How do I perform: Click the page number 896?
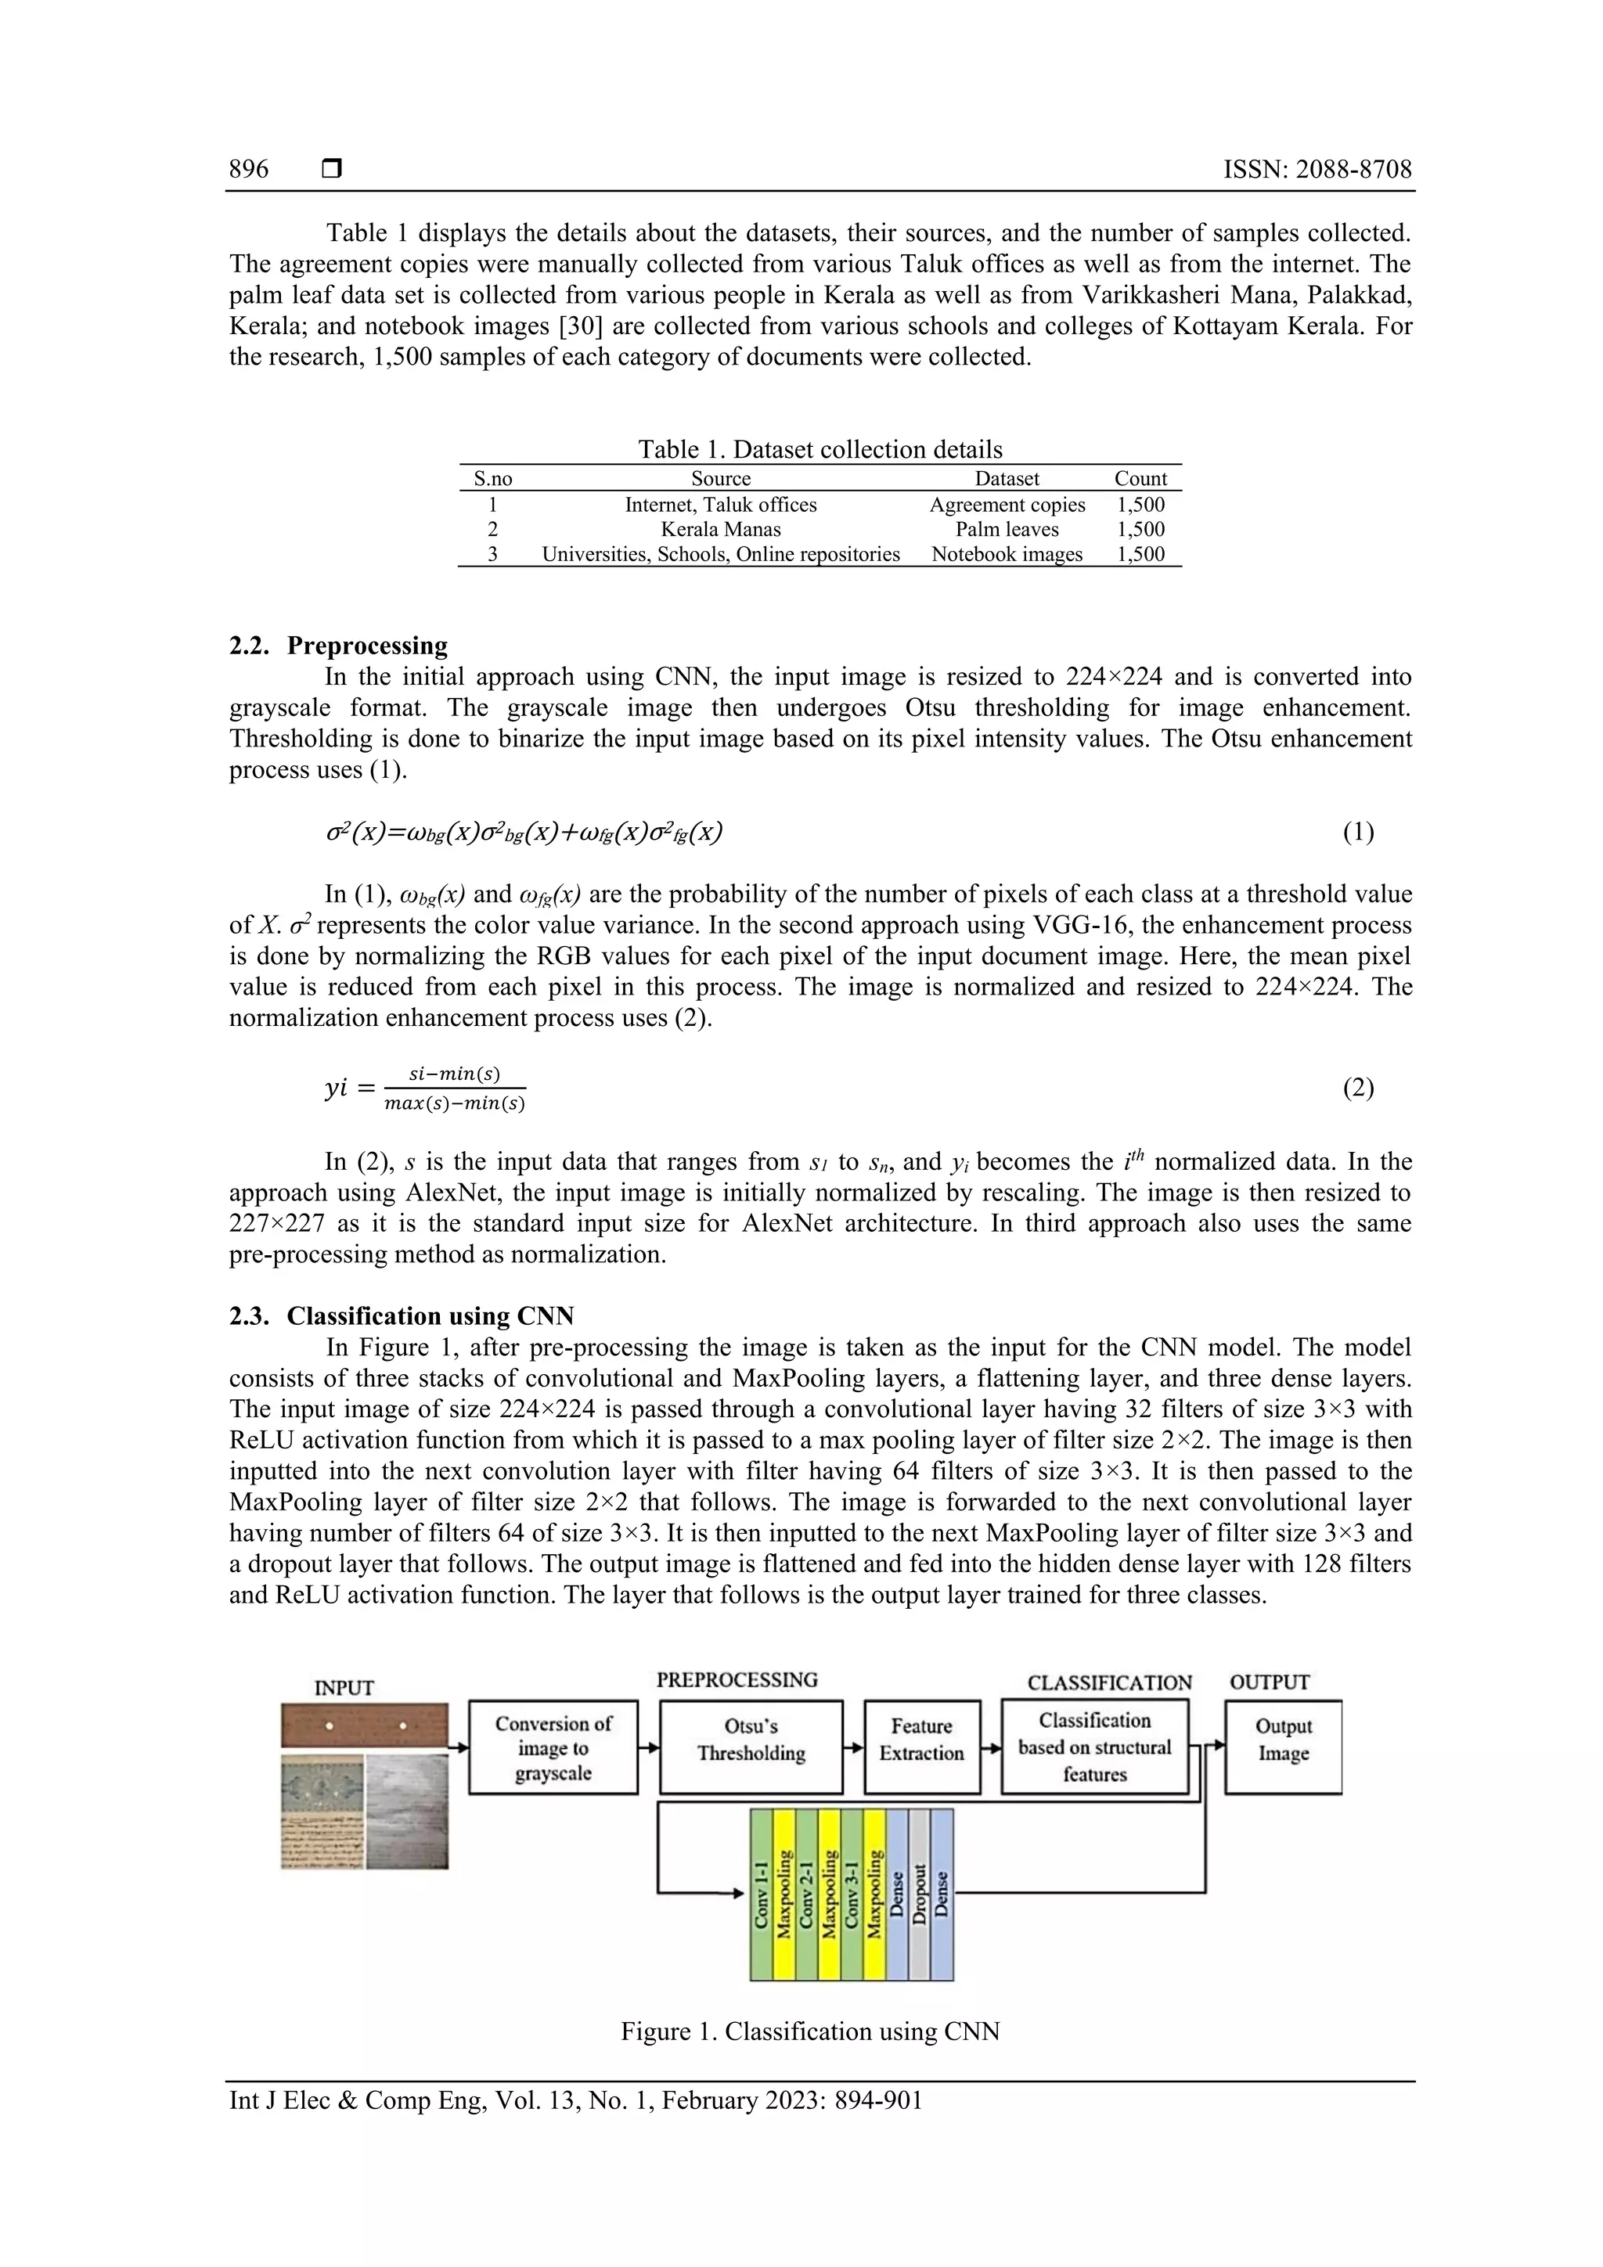pyautogui.click(x=248, y=169)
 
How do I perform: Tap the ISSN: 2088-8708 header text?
pyautogui.click(x=1317, y=169)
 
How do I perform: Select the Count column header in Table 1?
pyautogui.click(x=1140, y=479)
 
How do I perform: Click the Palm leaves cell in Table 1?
pyautogui.click(x=1007, y=529)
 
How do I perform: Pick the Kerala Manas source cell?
pyautogui.click(x=720, y=529)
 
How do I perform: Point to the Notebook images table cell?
pyautogui.click(x=1007, y=554)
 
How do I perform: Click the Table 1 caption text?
pyautogui.click(x=820, y=449)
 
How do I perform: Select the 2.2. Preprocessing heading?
pyautogui.click(x=338, y=646)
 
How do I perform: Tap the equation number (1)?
pyautogui.click(x=1357, y=833)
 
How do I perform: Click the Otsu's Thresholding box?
pyautogui.click(x=751, y=1747)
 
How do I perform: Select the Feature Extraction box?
pyautogui.click(x=921, y=1747)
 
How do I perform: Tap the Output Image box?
pyautogui.click(x=1282, y=1747)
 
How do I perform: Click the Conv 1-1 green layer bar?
pyautogui.click(x=761, y=1894)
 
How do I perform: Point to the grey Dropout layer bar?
pyautogui.click(x=919, y=1894)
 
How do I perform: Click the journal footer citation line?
pyautogui.click(x=576, y=2100)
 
